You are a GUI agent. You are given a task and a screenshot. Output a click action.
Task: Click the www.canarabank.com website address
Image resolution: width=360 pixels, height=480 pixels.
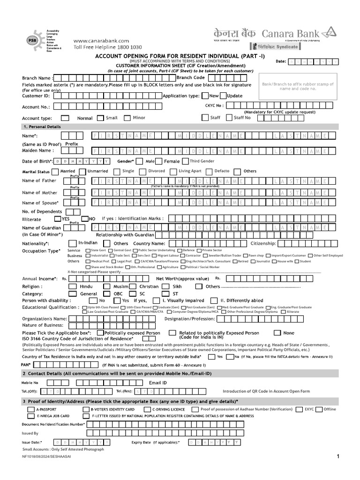[x=100, y=41]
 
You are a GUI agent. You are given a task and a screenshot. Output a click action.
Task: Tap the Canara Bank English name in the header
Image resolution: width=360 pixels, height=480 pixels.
[x=297, y=34]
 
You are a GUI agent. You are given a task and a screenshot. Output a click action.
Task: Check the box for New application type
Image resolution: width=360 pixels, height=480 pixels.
[x=204, y=96]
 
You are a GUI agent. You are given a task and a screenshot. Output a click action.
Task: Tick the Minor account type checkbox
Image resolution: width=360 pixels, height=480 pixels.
[x=127, y=118]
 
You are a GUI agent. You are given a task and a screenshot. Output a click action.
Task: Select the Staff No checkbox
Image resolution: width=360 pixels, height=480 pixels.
[x=229, y=118]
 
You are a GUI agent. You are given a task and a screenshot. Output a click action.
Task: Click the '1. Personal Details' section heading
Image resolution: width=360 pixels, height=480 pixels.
[x=42, y=127]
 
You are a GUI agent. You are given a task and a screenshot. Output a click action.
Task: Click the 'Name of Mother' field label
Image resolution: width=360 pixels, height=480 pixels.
[x=39, y=193]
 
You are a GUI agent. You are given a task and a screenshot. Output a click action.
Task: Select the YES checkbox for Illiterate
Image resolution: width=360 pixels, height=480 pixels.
[x=57, y=218]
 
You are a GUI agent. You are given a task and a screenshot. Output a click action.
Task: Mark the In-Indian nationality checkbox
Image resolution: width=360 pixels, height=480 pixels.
[x=72, y=243]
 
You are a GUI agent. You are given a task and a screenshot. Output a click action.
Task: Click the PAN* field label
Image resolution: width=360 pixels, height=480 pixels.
[x=26, y=364]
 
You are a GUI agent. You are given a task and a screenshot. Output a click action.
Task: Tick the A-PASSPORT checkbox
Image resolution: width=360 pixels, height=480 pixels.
[x=31, y=409]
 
